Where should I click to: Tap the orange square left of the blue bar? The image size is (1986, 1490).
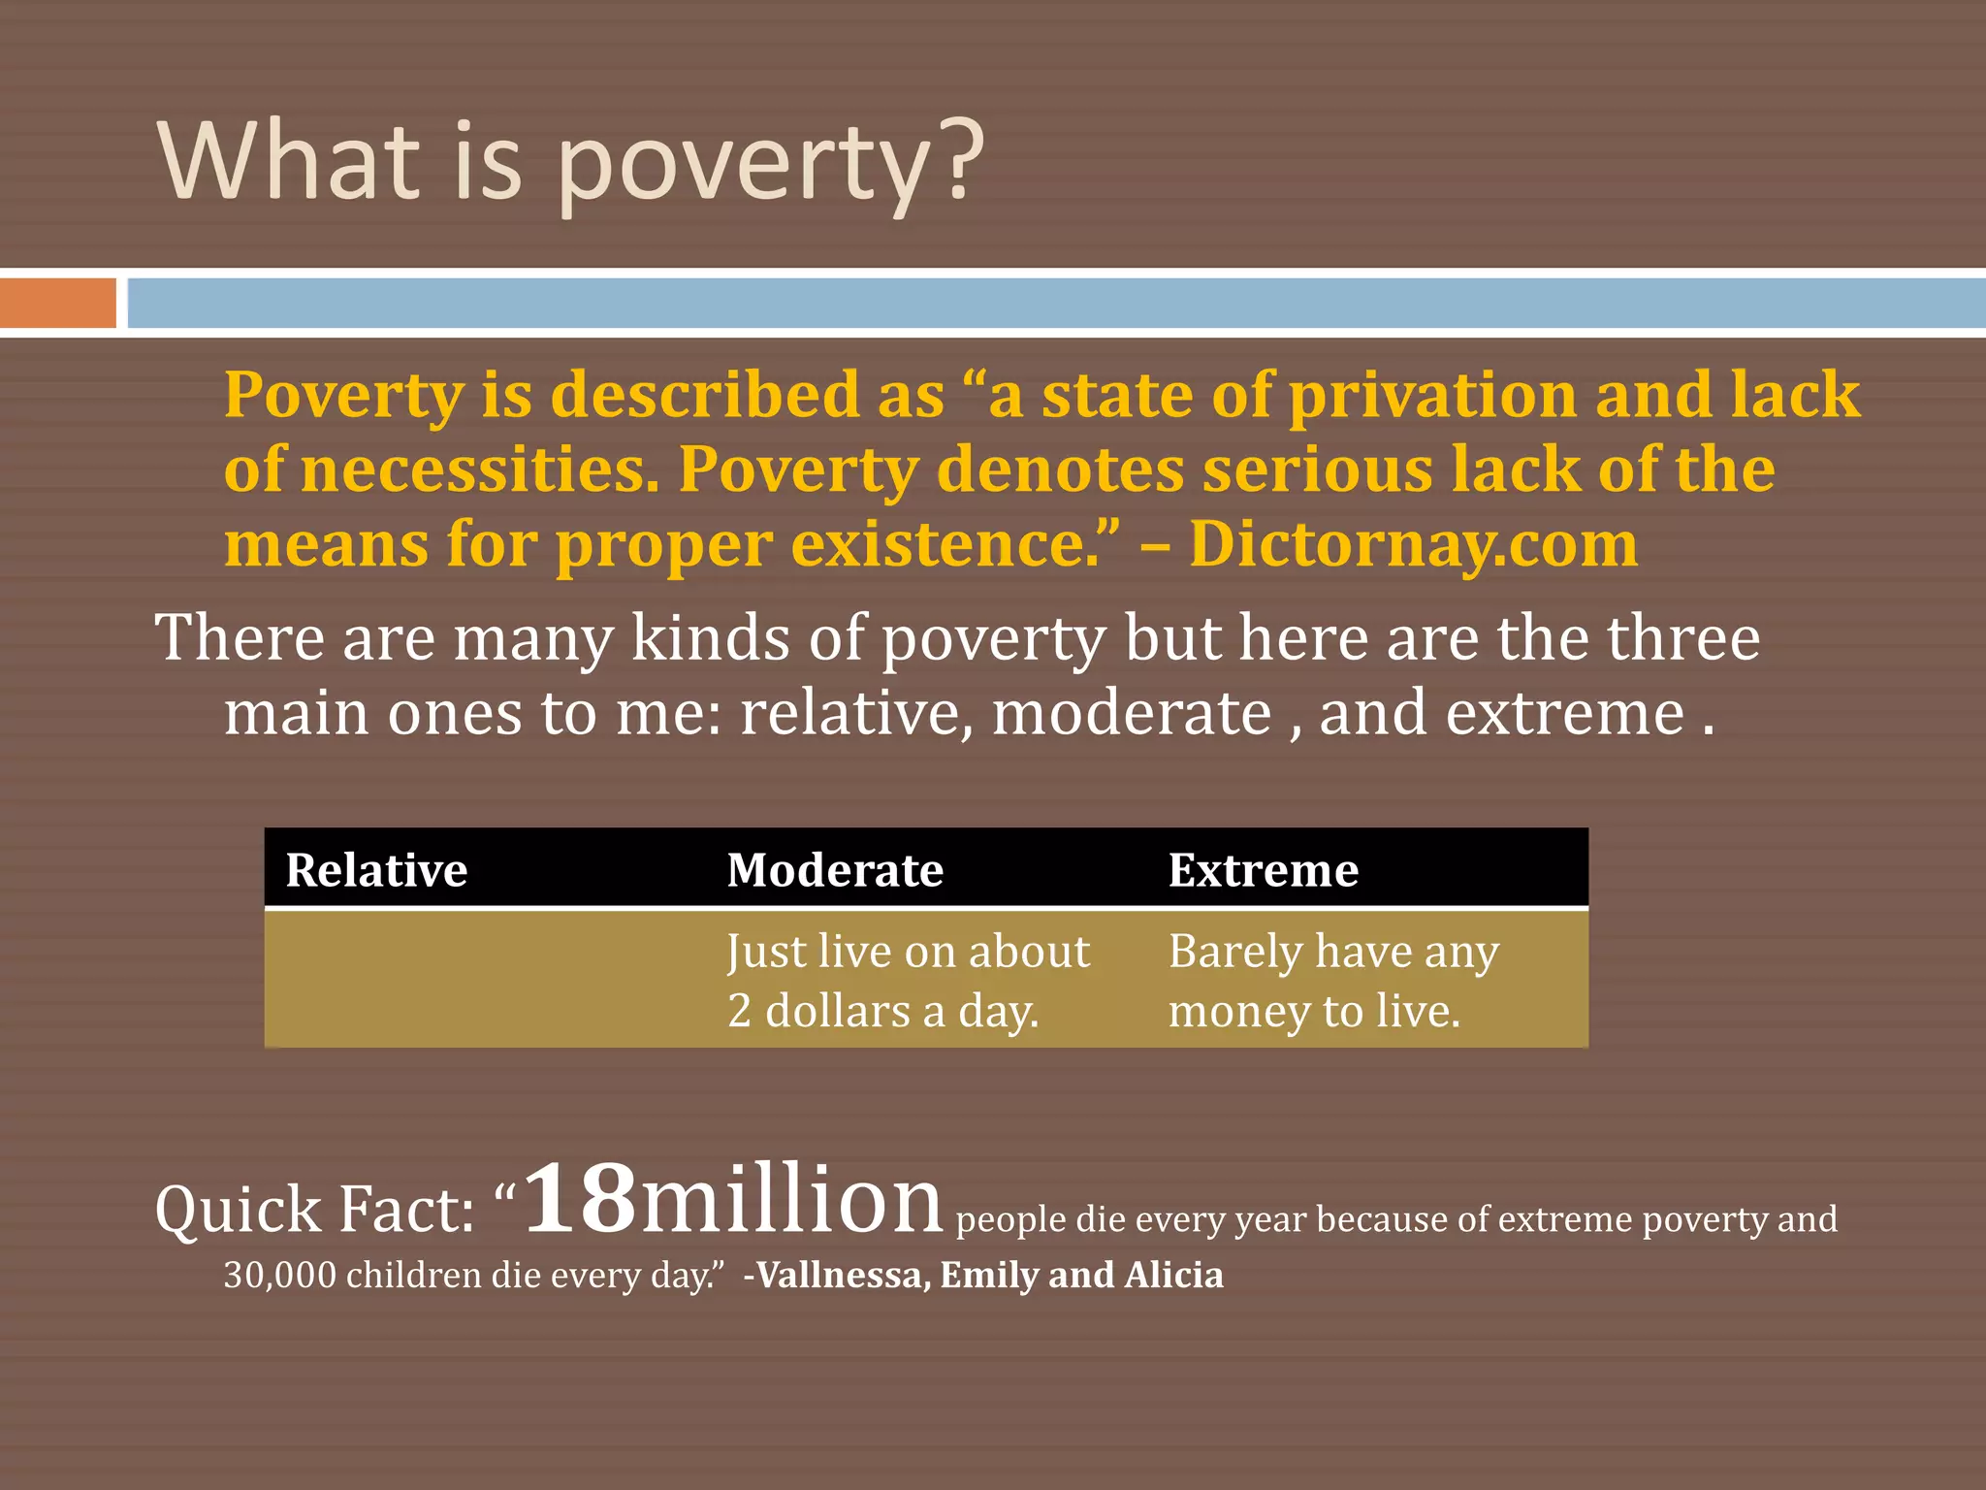pos(57,303)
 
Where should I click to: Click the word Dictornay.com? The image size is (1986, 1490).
pos(1413,543)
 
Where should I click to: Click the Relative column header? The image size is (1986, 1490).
pos(376,869)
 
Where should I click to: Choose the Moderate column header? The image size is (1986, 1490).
pos(835,869)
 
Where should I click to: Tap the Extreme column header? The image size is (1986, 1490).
pos(1263,869)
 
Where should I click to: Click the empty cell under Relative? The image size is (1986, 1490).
pos(485,980)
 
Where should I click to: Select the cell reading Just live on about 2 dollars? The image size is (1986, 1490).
pos(908,980)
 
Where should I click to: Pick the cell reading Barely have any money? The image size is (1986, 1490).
pos(1333,980)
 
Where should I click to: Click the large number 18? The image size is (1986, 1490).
pos(580,1199)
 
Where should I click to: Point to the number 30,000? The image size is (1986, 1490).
pos(280,1275)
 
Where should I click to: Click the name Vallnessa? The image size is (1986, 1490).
pos(840,1275)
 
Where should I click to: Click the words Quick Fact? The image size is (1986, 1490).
pos(315,1211)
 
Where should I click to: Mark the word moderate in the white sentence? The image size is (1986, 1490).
pos(1131,713)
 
